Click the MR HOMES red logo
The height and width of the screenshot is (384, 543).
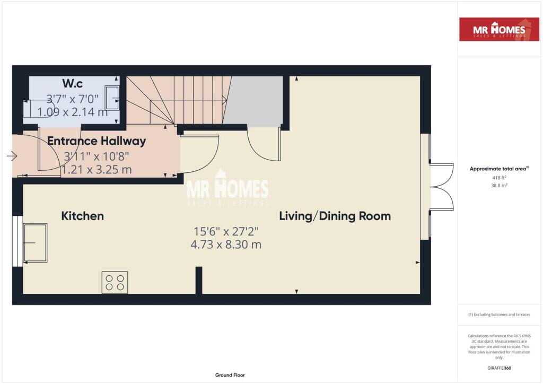click(x=499, y=29)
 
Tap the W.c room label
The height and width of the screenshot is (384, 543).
click(x=72, y=83)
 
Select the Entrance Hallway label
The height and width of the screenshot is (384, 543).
click(x=97, y=141)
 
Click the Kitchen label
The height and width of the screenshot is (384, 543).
click(x=82, y=216)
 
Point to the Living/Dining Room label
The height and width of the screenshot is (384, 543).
click(x=335, y=216)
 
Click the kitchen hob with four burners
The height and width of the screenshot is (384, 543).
click(x=115, y=283)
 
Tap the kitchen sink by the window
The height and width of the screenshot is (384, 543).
click(x=35, y=243)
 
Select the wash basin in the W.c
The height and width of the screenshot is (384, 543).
click(x=112, y=98)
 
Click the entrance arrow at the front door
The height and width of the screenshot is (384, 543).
click(x=12, y=156)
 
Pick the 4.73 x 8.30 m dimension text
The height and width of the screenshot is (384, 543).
click(x=226, y=245)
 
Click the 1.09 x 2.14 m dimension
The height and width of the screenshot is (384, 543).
click(x=72, y=112)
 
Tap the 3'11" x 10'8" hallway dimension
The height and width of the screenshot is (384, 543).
click(x=97, y=156)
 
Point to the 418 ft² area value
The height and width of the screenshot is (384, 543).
click(x=499, y=178)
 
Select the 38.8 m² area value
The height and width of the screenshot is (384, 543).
click(x=499, y=185)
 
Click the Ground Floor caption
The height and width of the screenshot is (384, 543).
click(x=230, y=375)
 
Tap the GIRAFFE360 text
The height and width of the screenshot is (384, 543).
click(x=499, y=368)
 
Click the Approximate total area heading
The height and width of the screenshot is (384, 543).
click(x=499, y=169)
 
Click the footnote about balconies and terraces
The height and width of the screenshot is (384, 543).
click(x=499, y=315)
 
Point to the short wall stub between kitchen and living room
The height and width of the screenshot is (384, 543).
click(x=199, y=281)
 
